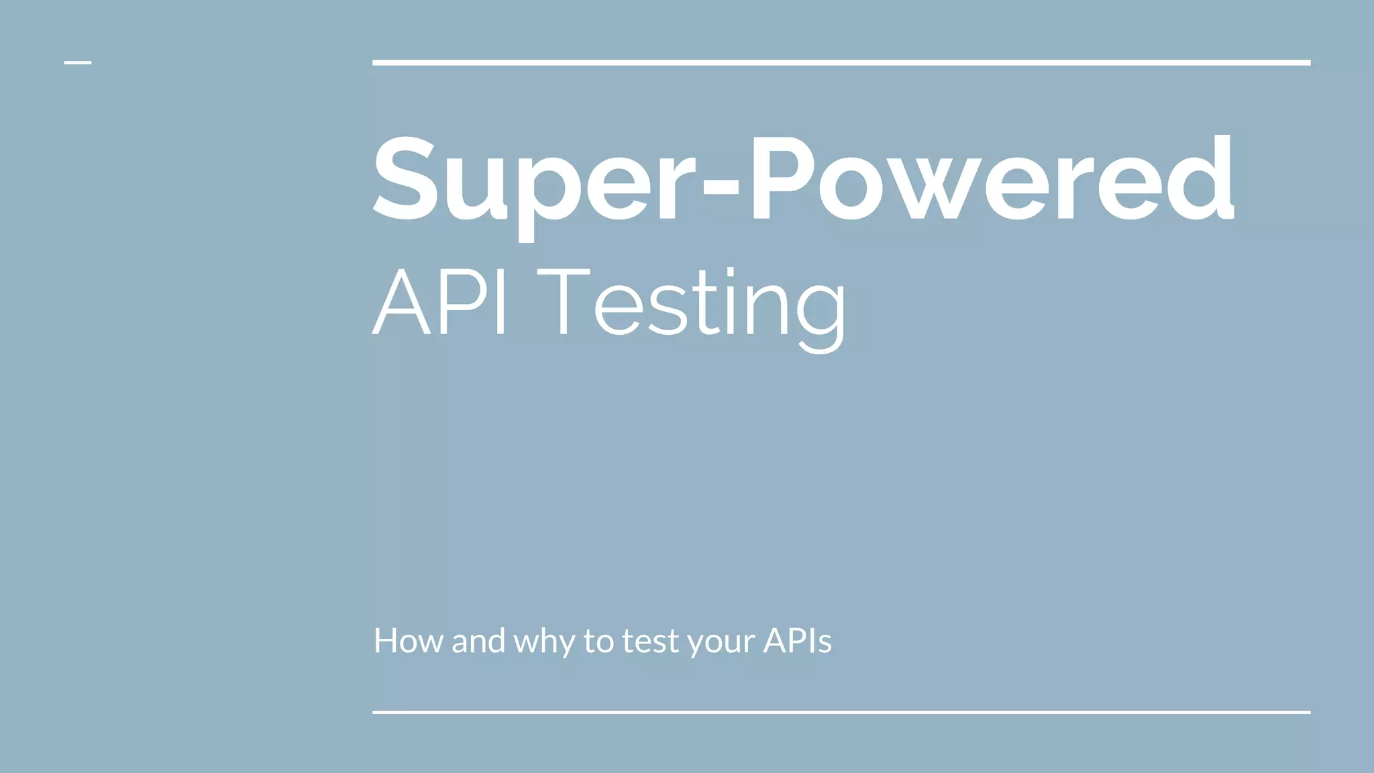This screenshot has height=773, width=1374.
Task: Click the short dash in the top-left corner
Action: (x=77, y=62)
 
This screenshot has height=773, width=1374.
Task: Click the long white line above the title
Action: (x=841, y=62)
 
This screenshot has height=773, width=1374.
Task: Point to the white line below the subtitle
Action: (x=841, y=712)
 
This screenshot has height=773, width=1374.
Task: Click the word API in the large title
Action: (x=439, y=302)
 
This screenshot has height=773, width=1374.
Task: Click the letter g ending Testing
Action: (x=823, y=315)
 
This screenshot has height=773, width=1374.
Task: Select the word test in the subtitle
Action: (x=650, y=641)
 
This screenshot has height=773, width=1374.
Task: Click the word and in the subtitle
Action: (x=478, y=641)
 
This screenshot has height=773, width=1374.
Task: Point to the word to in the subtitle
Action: (x=598, y=641)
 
